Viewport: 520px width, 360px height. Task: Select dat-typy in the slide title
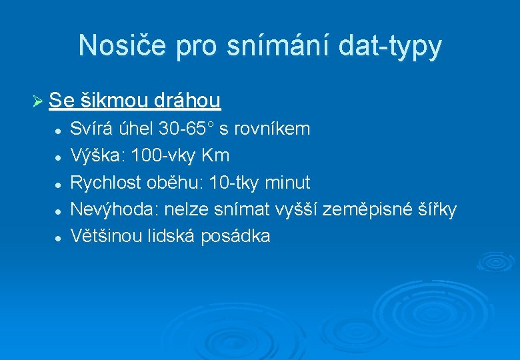coord(391,46)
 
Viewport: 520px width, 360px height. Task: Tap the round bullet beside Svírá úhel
coord(59,129)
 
